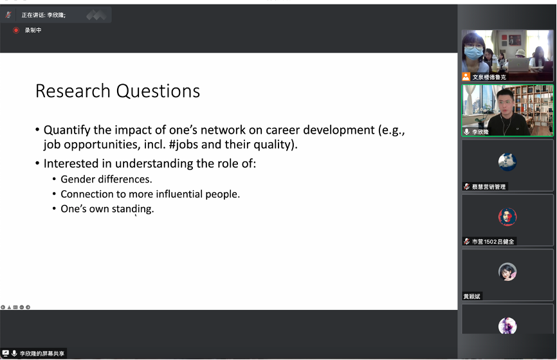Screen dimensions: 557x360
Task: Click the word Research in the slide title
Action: tap(73, 91)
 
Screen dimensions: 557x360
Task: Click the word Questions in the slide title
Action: tap(158, 91)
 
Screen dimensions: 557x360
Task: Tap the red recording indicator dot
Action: tap(15, 30)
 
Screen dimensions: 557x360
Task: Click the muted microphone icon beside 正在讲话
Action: tap(8, 15)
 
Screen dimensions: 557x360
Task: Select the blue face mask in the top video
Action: tap(474, 53)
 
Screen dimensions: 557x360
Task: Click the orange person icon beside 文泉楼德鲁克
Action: tap(466, 76)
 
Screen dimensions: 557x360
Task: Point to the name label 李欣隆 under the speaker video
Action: tap(480, 132)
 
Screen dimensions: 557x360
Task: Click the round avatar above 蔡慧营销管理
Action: tap(507, 162)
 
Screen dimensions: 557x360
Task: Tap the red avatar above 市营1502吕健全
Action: tap(507, 217)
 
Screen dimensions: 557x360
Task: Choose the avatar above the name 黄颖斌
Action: tap(507, 271)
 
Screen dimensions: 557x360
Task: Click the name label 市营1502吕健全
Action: tap(493, 242)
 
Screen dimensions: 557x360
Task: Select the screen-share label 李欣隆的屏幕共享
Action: tap(42, 354)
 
